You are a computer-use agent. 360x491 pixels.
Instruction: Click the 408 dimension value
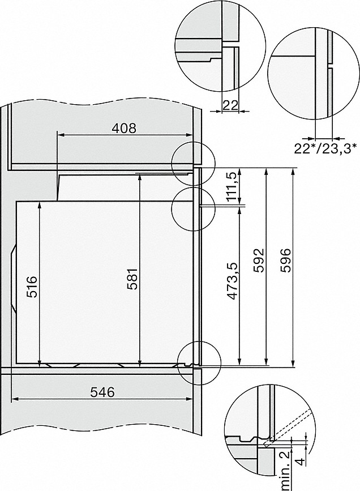tap(123, 128)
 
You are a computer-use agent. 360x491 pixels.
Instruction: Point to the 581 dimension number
tap(131, 279)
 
